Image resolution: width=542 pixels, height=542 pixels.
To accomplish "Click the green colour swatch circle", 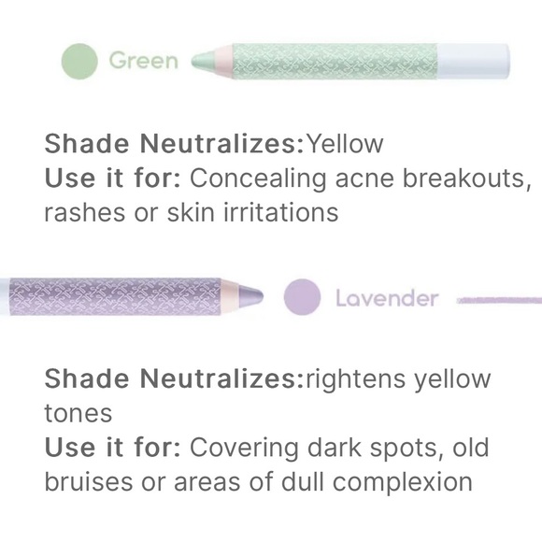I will point(80,62).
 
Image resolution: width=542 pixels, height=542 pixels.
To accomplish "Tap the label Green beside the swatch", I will point(143,62).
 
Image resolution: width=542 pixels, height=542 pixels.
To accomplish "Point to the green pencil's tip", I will point(196,62).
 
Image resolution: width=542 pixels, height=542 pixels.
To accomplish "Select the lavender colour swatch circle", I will point(302,298).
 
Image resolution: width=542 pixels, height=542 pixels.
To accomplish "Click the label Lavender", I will point(386,298).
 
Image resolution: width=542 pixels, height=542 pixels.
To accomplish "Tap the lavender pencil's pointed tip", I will point(257,298).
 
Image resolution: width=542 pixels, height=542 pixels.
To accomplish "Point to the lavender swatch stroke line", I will point(500,300).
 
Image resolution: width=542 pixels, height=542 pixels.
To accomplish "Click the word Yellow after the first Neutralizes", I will point(345,144).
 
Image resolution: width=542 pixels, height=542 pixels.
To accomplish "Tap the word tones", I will point(78,413).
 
